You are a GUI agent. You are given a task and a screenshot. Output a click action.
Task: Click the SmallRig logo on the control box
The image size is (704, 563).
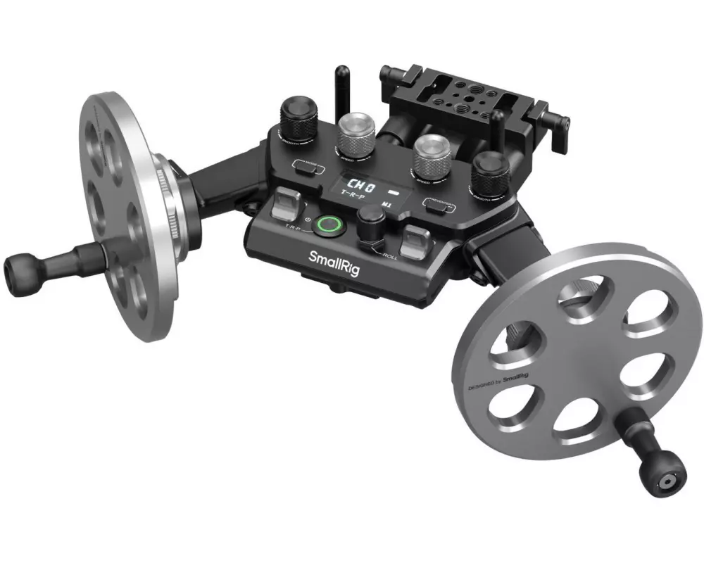[x=334, y=258]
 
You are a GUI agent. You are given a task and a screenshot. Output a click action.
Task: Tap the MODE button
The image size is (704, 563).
[x=308, y=166]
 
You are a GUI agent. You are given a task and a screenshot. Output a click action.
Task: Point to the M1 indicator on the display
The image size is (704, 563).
[x=386, y=205]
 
